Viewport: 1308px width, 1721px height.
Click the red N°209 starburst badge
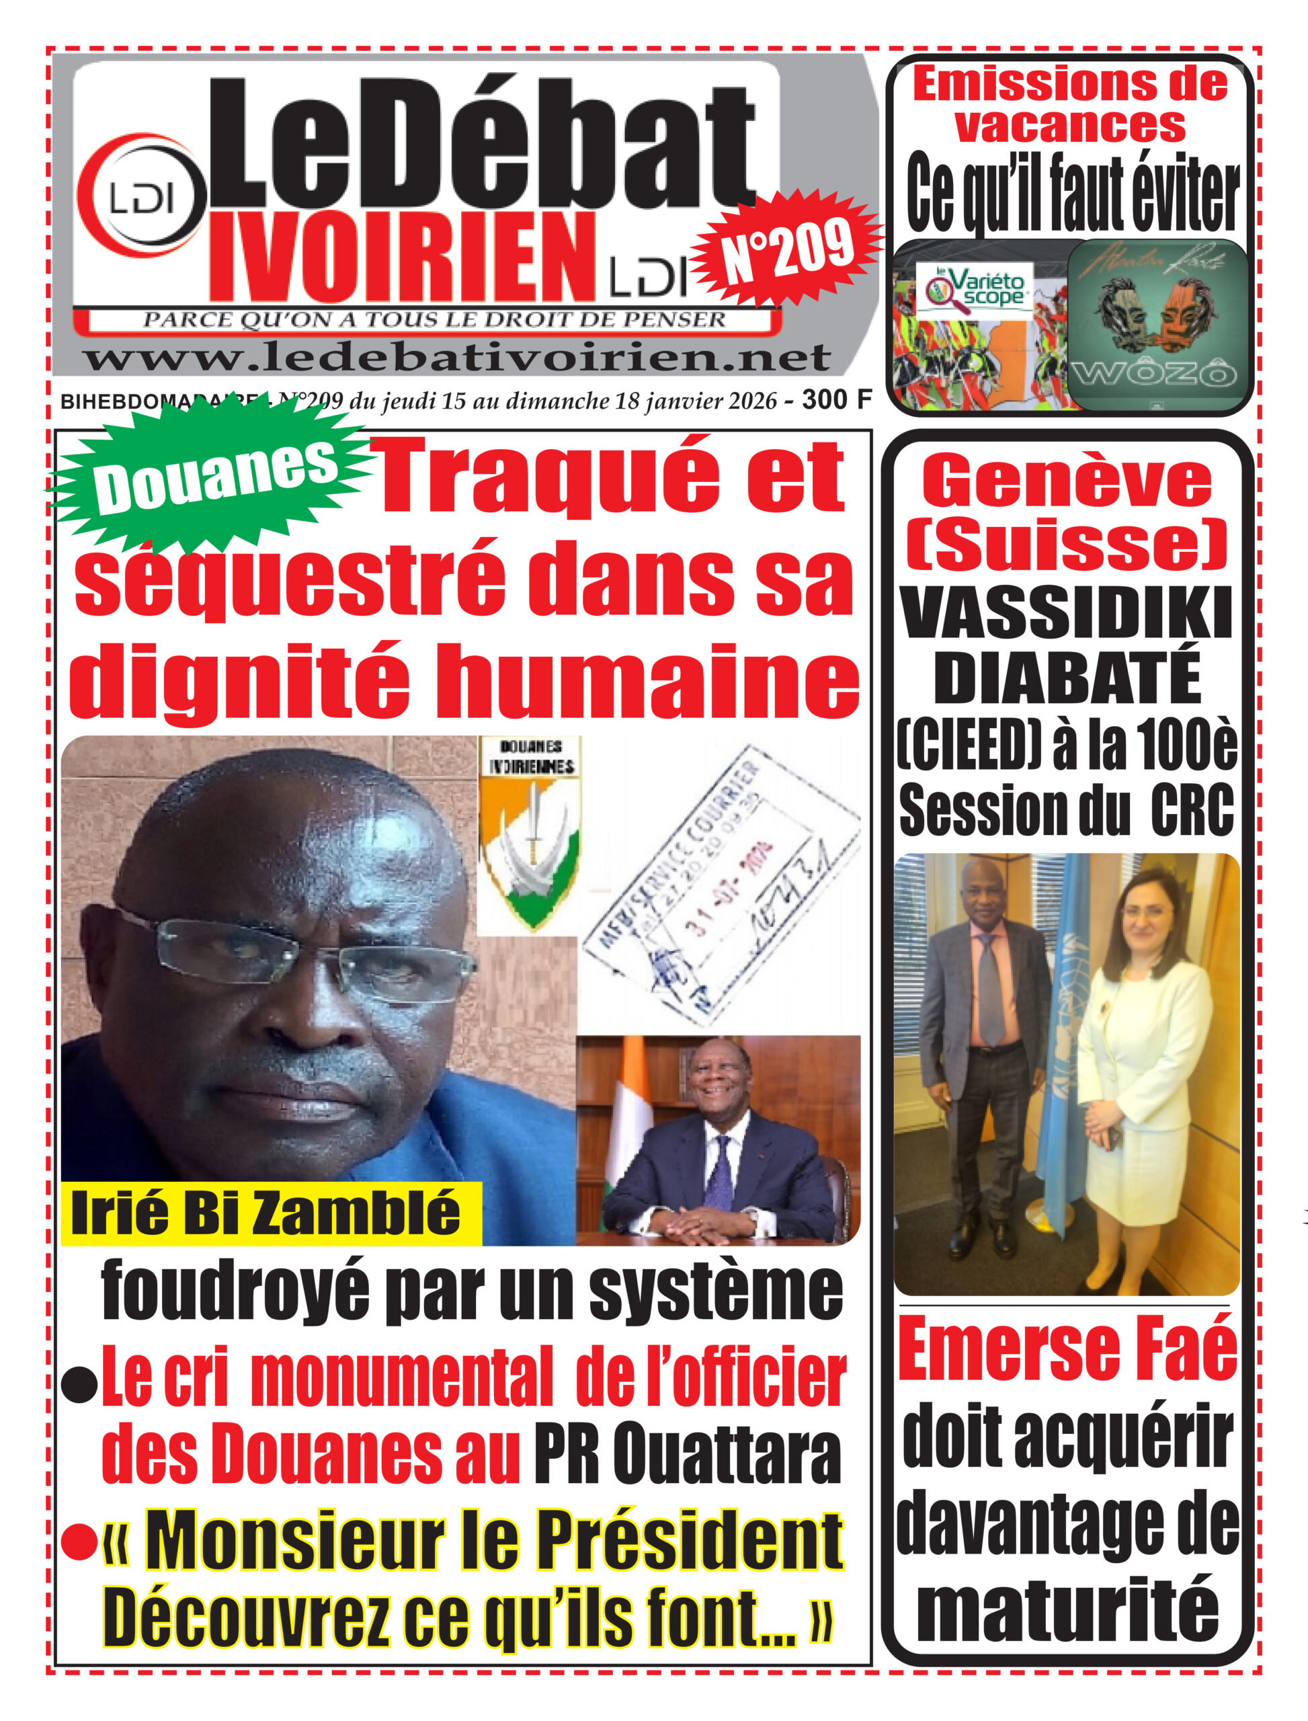tap(786, 251)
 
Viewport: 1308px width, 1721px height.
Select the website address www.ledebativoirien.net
tap(457, 358)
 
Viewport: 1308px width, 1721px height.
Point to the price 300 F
tap(836, 399)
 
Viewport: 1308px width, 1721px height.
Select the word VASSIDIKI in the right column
tap(1067, 614)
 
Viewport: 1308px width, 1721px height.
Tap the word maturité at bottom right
tap(1067, 1608)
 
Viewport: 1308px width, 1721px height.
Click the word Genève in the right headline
tap(1067, 483)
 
